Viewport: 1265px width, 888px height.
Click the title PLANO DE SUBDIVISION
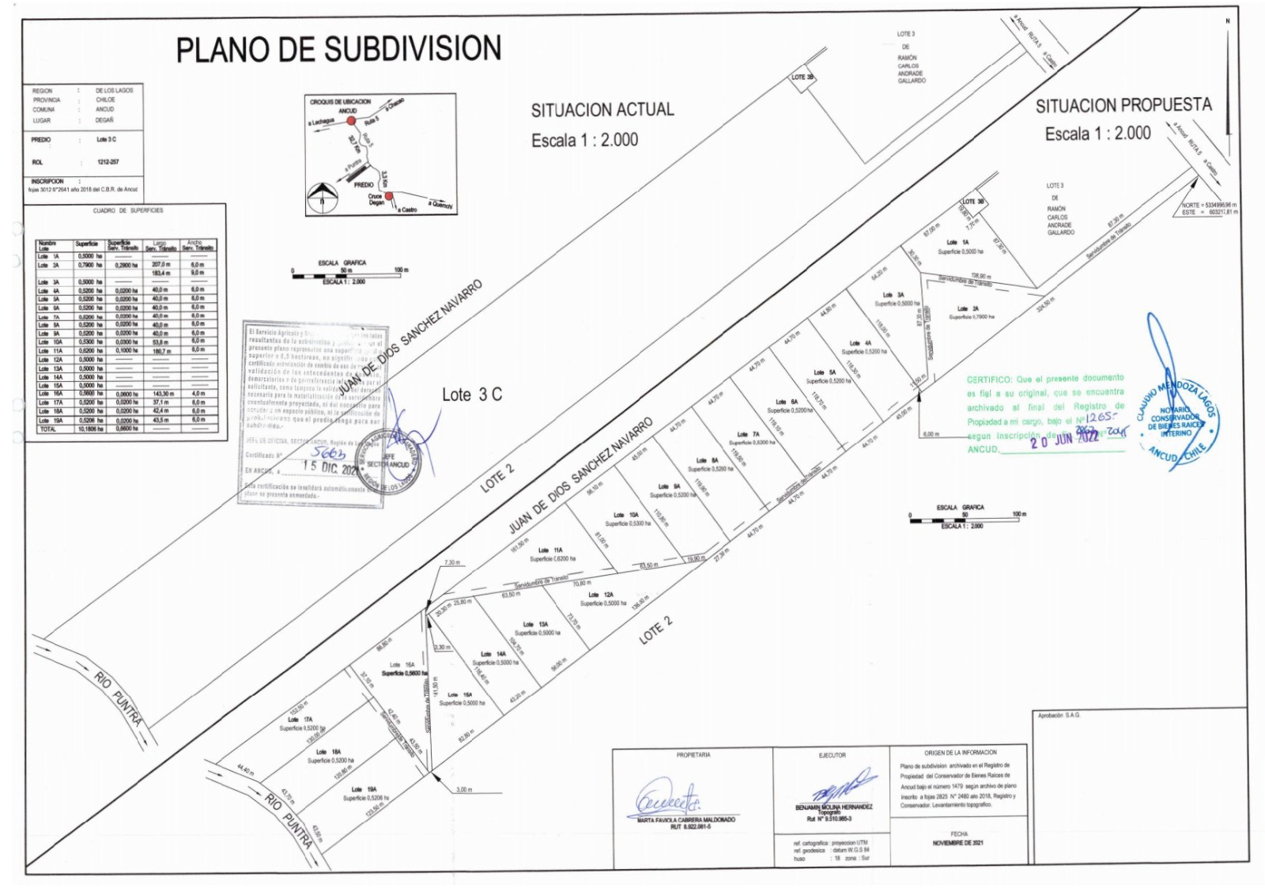pyautogui.click(x=338, y=49)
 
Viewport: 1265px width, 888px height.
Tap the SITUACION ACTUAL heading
pyautogui.click(x=602, y=110)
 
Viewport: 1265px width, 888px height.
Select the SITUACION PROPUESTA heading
pyautogui.click(x=1123, y=105)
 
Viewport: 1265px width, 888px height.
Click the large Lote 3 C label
pyautogui.click(x=471, y=395)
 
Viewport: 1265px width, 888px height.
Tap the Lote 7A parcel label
pyautogui.click(x=748, y=434)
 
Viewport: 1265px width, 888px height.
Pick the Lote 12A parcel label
pyautogui.click(x=601, y=595)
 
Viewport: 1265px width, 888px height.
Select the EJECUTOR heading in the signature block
pyautogui.click(x=832, y=755)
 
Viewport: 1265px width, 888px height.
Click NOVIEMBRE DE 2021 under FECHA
pyautogui.click(x=957, y=843)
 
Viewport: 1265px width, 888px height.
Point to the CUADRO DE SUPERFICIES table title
pyautogui.click(x=127, y=210)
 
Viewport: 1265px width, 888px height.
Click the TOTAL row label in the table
pyautogui.click(x=47, y=429)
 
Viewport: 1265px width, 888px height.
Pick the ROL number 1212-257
pyautogui.click(x=108, y=162)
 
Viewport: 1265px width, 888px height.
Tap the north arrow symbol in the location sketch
pyautogui.click(x=322, y=195)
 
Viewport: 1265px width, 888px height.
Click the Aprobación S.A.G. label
pyautogui.click(x=1059, y=715)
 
